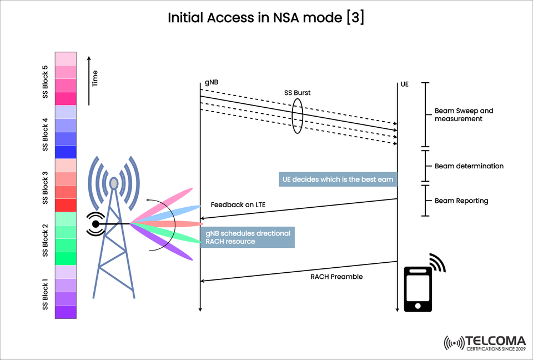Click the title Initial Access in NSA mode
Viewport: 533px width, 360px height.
(266, 18)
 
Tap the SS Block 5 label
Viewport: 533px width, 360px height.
(46, 82)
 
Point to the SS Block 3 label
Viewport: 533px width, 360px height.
(46, 187)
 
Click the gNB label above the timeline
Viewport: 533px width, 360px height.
(212, 83)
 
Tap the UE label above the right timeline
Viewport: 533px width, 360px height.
(404, 85)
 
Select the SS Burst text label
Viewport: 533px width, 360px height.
(297, 93)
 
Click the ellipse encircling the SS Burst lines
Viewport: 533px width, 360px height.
(298, 116)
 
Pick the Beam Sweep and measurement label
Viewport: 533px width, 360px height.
(464, 114)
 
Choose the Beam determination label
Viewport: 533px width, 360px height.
(469, 166)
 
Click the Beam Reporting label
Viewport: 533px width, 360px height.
(461, 201)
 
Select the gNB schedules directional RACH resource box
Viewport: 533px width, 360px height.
(248, 237)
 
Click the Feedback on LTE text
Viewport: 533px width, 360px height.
(238, 205)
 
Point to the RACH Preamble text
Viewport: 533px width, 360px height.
(336, 276)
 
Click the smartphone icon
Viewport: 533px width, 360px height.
(419, 289)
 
